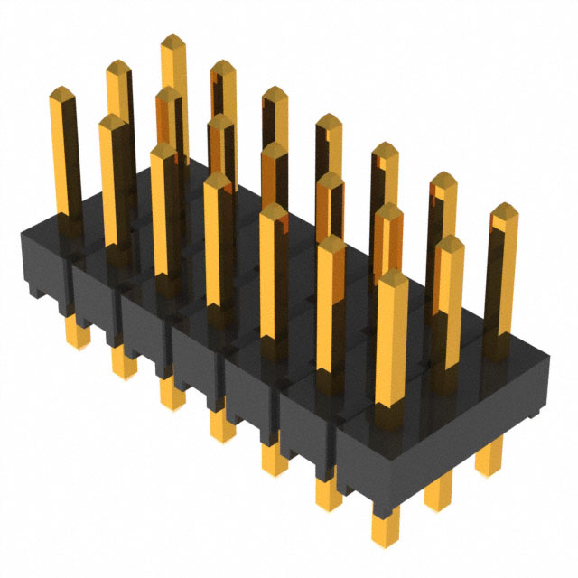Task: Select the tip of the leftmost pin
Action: pyautogui.click(x=61, y=94)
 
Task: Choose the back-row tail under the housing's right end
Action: pyautogui.click(x=492, y=461)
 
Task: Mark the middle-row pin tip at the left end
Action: pyautogui.click(x=117, y=69)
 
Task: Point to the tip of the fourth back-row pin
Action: pyautogui.click(x=327, y=122)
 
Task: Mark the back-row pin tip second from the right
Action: pyautogui.click(x=443, y=179)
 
